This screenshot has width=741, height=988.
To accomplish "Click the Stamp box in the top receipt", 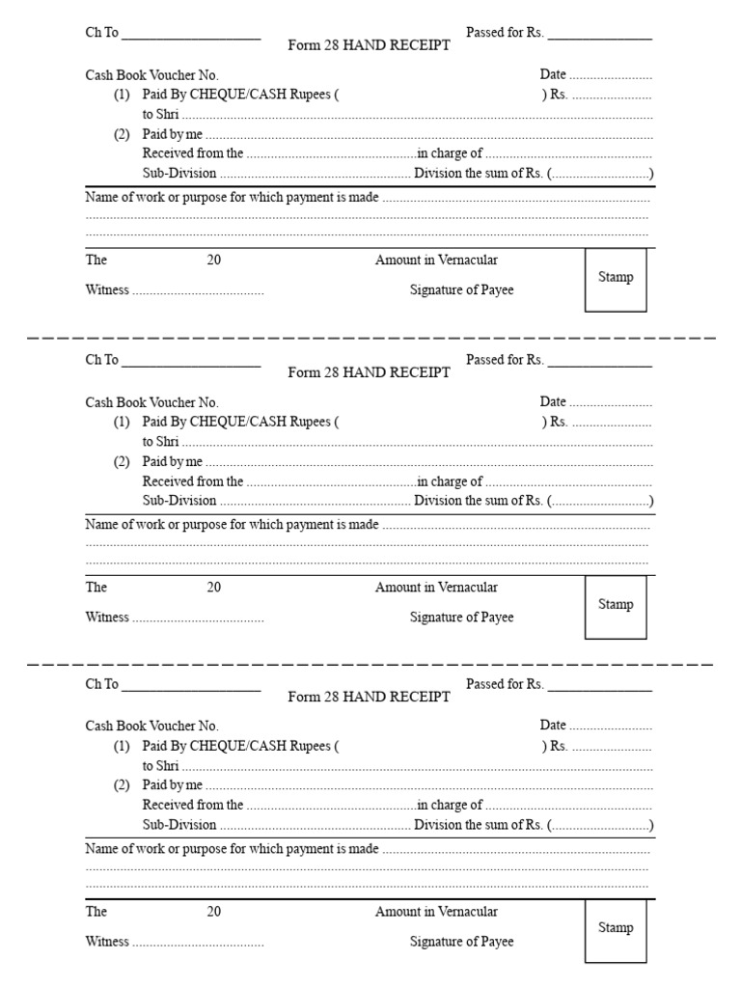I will (616, 280).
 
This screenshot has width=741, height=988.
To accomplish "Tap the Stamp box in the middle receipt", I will (616, 607).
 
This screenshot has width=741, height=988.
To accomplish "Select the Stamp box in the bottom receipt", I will (616, 930).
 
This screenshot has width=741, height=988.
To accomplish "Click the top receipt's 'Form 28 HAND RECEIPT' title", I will (369, 45).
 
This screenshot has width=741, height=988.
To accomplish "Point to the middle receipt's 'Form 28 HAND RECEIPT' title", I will (369, 372).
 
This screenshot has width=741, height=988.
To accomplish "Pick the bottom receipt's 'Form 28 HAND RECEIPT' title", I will (369, 697).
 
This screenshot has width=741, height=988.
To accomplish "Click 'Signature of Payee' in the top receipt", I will (461, 290).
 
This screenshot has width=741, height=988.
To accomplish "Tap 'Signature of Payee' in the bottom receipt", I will (461, 942).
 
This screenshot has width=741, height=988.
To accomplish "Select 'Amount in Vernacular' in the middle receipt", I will (436, 587).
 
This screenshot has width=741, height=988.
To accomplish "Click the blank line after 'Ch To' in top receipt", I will (191, 36).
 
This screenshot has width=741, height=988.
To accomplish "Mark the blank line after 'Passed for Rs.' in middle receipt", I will (599, 363).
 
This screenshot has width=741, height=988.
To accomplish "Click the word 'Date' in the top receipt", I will (553, 74).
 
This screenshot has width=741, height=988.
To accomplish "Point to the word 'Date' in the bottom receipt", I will (553, 725).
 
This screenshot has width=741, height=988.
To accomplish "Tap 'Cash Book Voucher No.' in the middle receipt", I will (152, 402).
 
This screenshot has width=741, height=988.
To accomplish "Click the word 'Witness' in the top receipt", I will (107, 290).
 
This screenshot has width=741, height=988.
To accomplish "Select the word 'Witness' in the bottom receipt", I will (107, 942).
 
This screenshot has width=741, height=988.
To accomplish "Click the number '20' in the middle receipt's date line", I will (213, 587).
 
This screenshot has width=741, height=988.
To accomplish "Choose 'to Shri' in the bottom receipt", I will (161, 766).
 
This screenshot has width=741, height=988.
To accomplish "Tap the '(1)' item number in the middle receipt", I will (122, 422).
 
